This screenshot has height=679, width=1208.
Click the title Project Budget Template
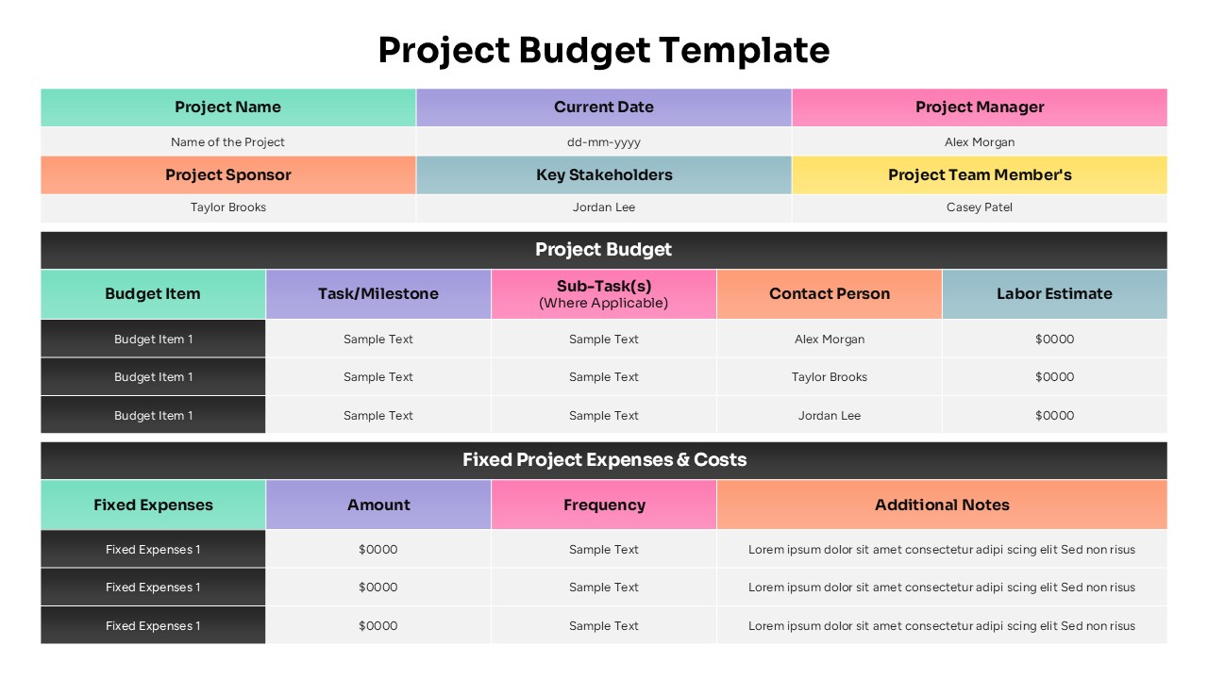click(x=604, y=50)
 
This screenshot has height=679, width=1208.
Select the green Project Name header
click(x=227, y=108)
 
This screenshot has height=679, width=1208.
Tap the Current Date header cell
click(x=604, y=108)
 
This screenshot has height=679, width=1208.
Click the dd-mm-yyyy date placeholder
click(x=604, y=142)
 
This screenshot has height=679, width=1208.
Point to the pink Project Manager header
click(x=980, y=108)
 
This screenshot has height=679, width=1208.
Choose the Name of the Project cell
click(x=227, y=142)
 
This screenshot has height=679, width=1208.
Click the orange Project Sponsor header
click(x=227, y=175)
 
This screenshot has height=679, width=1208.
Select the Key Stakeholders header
click(x=604, y=175)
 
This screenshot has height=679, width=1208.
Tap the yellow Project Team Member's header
click(x=980, y=175)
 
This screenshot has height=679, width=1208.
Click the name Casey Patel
click(x=980, y=207)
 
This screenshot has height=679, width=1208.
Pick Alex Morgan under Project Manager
click(x=980, y=142)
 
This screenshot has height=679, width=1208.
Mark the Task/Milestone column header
click(x=378, y=294)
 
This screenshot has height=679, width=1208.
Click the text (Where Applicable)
click(x=604, y=304)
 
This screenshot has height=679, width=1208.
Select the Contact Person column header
click(x=830, y=294)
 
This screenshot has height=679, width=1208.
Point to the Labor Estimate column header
click(x=1054, y=294)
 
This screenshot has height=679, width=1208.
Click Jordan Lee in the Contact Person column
click(x=830, y=416)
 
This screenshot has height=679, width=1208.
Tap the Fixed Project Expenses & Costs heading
click(x=604, y=460)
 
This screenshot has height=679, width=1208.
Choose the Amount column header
click(x=378, y=505)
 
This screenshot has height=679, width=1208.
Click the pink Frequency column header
click(x=604, y=505)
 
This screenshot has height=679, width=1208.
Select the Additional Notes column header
click(x=942, y=505)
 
